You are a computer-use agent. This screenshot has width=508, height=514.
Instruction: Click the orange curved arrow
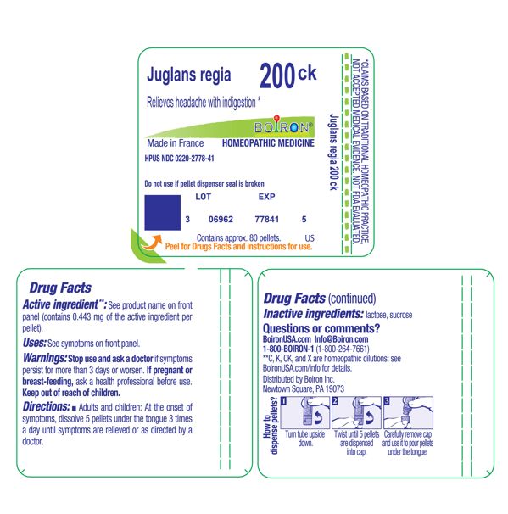coord(152,243)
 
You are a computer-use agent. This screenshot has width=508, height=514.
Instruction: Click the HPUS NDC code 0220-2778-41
coord(180,159)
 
